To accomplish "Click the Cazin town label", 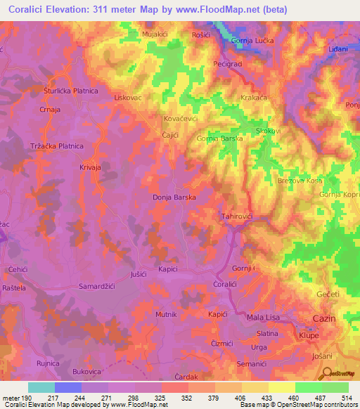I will [324, 319].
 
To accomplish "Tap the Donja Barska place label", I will [174, 198].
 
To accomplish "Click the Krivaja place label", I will [91, 168].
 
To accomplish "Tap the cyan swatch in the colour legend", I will [41, 387].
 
